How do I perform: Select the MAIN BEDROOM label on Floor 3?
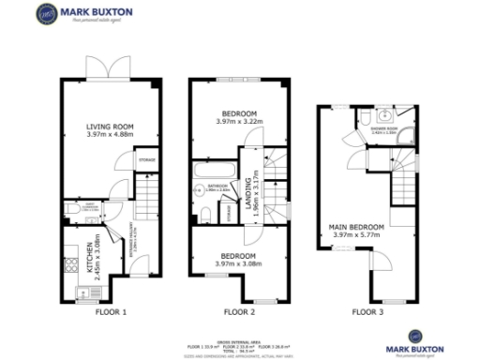click(x=358, y=226)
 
